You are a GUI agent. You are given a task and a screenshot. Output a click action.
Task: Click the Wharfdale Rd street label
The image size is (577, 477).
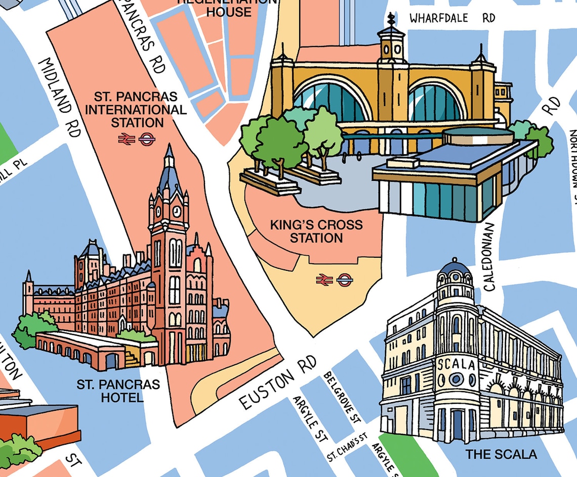click(452, 18)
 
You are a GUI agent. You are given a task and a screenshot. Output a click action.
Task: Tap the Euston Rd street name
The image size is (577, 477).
click(278, 382)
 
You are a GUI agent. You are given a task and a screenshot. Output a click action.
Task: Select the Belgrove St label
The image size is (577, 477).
click(342, 397)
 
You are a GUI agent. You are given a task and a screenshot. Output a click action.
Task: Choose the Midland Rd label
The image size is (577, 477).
click(60, 97)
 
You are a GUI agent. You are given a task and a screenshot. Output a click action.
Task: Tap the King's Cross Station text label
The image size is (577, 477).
click(316, 231)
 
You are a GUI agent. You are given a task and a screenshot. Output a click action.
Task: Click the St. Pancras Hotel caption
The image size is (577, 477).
click(118, 391)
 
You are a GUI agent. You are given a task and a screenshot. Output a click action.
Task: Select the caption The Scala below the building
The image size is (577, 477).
click(501, 454)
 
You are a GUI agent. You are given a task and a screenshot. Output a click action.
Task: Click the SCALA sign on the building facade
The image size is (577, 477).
click(456, 364)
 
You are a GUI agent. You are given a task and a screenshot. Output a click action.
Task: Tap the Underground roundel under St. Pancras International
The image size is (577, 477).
click(146, 139)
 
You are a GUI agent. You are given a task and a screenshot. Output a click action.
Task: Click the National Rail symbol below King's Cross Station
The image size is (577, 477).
click(324, 279)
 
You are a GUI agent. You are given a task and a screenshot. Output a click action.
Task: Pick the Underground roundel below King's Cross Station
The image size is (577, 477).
click(345, 279)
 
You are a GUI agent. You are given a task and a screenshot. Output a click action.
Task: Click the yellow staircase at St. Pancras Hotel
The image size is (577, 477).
click(132, 358)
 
